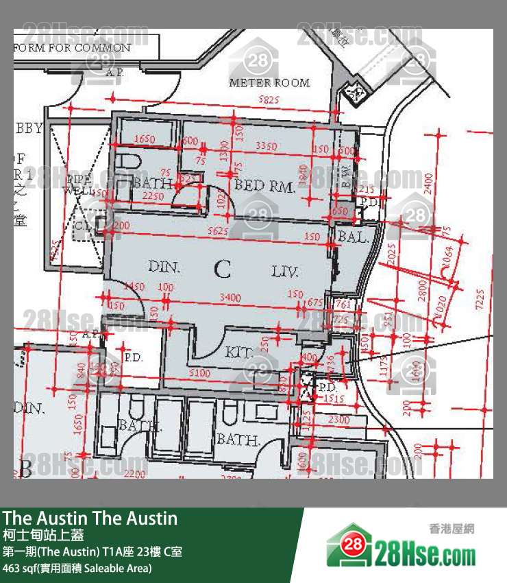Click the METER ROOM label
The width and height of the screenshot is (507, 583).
(x=269, y=83)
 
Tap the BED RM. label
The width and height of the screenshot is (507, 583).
(x=264, y=185)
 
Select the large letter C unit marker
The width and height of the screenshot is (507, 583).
(x=222, y=270)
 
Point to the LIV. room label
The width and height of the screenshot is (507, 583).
(x=284, y=272)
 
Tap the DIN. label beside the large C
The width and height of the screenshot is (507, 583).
(x=164, y=267)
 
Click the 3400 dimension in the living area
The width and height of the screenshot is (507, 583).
(x=232, y=297)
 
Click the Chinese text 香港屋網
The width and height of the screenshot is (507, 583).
(x=452, y=529)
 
